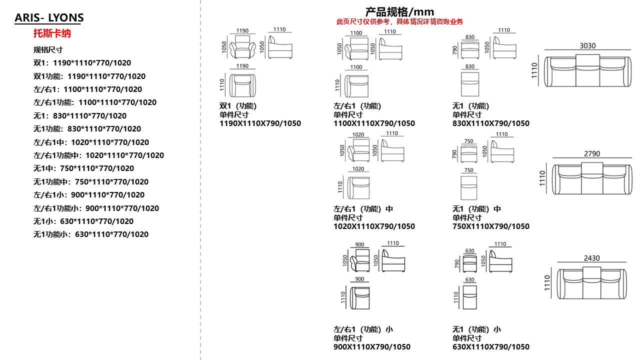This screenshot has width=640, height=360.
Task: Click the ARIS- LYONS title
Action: pyautogui.click(x=49, y=18)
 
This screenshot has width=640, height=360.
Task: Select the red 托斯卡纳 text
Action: pyautogui.click(x=52, y=33)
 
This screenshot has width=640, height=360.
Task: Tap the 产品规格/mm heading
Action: pyautogui.click(x=399, y=11)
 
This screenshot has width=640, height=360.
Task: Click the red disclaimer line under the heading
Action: pyautogui.click(x=399, y=21)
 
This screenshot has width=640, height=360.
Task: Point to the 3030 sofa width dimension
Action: pyautogui.click(x=587, y=45)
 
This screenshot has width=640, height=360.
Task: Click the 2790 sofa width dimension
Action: pyautogui.click(x=591, y=154)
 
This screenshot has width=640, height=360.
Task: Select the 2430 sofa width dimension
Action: pyautogui.click(x=591, y=258)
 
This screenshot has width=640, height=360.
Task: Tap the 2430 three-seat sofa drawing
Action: pyautogui.click(x=591, y=282)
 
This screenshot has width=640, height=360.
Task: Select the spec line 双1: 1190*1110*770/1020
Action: pyautogui.click(x=82, y=63)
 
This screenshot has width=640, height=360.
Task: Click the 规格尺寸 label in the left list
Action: pyautogui.click(x=48, y=49)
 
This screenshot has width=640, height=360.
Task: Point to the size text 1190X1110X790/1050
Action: pyautogui.click(x=260, y=123)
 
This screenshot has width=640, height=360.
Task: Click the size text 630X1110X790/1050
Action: pyautogui.click(x=491, y=347)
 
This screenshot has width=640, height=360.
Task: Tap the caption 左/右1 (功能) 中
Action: pyautogui.click(x=363, y=209)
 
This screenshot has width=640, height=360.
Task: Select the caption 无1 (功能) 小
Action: pyautogui.click(x=476, y=329)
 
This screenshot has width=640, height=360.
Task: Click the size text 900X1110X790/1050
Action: pyautogui.click(x=372, y=347)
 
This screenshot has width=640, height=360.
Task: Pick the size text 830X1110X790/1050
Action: pyautogui.click(x=491, y=123)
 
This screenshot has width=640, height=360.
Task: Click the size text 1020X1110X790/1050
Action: pyautogui.click(x=374, y=226)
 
